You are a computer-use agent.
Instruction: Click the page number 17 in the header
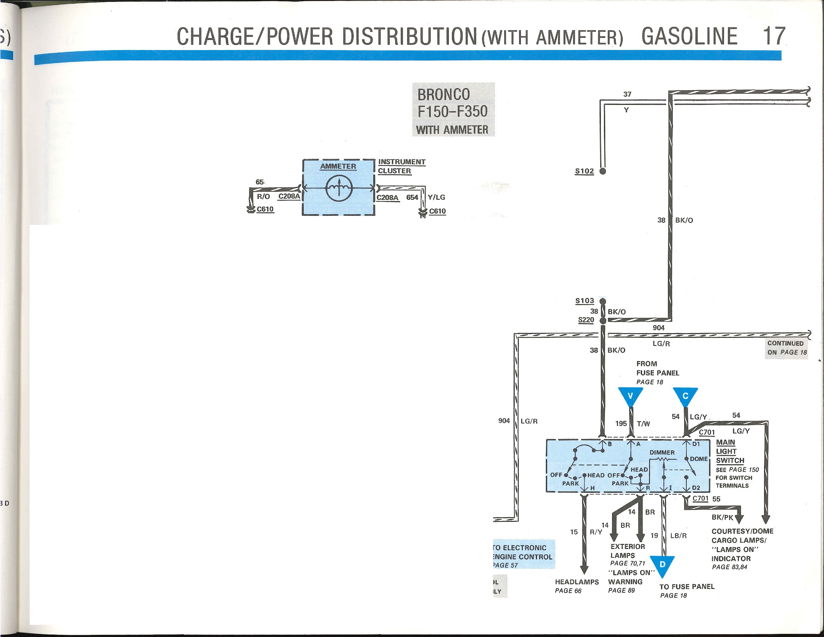click(774, 36)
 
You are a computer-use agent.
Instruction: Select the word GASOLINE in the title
click(689, 36)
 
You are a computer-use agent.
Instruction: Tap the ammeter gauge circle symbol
click(339, 188)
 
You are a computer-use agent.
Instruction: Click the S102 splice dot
click(602, 171)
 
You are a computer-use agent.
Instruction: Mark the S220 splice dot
click(602, 320)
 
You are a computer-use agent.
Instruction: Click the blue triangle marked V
click(630, 397)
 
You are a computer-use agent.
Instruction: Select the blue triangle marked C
click(685, 397)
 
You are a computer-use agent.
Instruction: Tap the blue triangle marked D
click(662, 566)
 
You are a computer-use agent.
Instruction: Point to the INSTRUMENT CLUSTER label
click(402, 166)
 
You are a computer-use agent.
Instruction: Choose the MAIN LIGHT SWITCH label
click(730, 451)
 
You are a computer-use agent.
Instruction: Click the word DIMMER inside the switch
click(662, 452)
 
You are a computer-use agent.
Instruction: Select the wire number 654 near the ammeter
click(412, 197)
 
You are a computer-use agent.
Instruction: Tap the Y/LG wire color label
click(437, 197)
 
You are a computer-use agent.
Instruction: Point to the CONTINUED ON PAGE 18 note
click(787, 348)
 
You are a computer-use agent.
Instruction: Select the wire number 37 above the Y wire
click(627, 94)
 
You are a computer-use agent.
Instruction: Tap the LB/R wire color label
click(678, 536)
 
